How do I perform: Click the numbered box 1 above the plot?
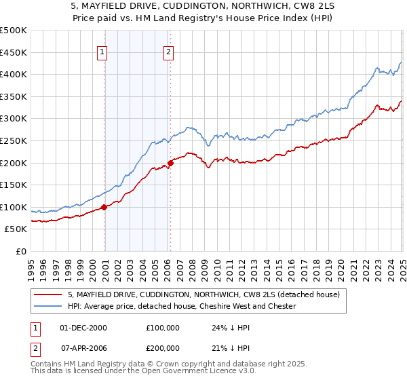point(102,52)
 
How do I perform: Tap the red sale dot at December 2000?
point(104,207)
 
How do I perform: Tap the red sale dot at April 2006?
point(170,162)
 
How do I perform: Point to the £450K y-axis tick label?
point(14,52)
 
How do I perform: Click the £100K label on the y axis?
point(14,207)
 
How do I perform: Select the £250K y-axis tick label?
point(14,140)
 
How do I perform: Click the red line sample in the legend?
point(47,294)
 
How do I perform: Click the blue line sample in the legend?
point(47,306)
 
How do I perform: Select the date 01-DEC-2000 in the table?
point(83,328)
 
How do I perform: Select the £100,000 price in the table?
point(162,328)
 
